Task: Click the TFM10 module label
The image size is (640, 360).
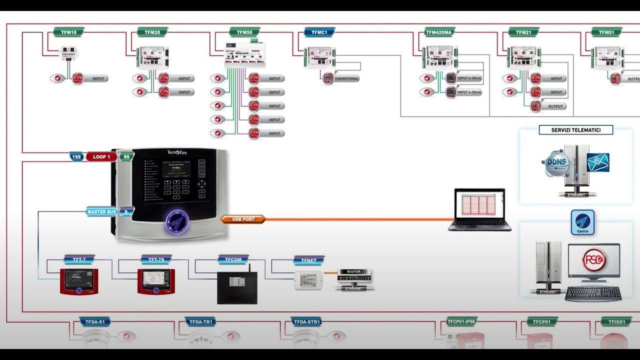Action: (69, 32)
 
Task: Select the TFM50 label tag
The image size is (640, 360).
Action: (244, 32)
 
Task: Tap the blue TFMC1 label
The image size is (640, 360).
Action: (319, 32)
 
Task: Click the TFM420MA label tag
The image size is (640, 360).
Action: (438, 32)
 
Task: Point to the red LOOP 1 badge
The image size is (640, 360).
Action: (101, 157)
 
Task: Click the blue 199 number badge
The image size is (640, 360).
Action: (76, 157)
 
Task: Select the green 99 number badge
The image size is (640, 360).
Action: (126, 157)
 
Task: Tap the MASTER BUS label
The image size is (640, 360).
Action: (102, 211)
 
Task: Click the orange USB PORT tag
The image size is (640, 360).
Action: (243, 219)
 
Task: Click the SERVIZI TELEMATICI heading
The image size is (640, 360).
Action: (575, 130)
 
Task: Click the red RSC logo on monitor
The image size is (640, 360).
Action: (594, 259)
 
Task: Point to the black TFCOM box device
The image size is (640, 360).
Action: (237, 287)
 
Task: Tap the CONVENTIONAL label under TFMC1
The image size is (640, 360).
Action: (346, 78)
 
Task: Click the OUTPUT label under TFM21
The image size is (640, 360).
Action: (555, 106)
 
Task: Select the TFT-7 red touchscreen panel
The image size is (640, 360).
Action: (78, 281)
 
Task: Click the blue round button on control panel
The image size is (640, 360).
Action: (177, 221)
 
